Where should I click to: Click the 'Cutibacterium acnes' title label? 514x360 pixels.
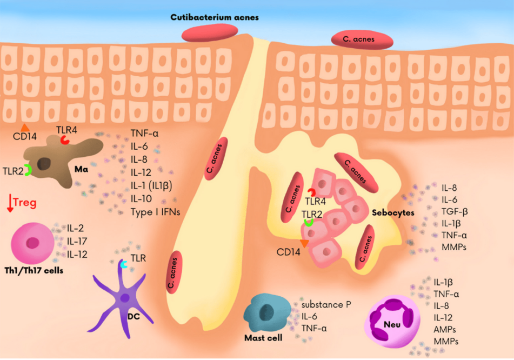click(215, 17)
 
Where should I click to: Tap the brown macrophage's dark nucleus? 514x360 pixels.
click(44, 164)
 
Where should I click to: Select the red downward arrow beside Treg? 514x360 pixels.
click(10, 203)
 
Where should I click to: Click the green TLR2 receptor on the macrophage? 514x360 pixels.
click(29, 170)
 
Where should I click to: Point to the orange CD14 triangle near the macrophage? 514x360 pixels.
click(24, 128)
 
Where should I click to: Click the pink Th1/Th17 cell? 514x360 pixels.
click(32, 243)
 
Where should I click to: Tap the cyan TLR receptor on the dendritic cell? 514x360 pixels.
click(124, 264)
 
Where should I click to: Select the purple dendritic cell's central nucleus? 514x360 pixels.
click(124, 298)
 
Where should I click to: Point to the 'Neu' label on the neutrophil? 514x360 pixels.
click(392, 324)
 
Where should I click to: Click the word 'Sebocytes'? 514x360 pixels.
click(393, 213)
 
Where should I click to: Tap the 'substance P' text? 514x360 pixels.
click(326, 304)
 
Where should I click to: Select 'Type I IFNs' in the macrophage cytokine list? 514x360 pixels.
click(155, 212)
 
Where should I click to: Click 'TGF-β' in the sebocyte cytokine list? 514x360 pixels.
click(455, 211)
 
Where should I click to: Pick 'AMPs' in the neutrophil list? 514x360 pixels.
click(444, 330)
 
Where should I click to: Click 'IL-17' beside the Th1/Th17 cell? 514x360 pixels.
click(77, 241)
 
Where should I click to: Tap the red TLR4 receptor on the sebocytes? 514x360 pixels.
click(312, 192)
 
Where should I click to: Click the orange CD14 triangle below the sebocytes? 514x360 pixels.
click(304, 243)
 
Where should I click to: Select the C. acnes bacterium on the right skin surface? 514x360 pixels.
click(362, 39)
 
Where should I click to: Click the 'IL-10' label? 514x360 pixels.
click(141, 199)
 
